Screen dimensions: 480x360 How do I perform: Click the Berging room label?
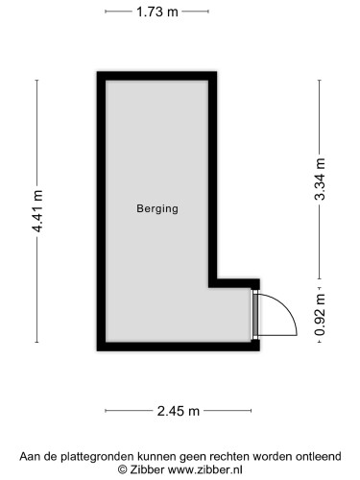(x=157, y=207)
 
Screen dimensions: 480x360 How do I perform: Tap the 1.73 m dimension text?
(x=156, y=12)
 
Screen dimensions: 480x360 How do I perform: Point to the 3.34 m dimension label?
(x=320, y=180)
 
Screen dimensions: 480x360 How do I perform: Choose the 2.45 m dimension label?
(x=179, y=411)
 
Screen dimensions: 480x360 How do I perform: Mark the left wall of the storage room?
(x=99, y=211)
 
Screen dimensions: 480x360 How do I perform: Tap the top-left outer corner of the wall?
(x=98, y=74)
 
